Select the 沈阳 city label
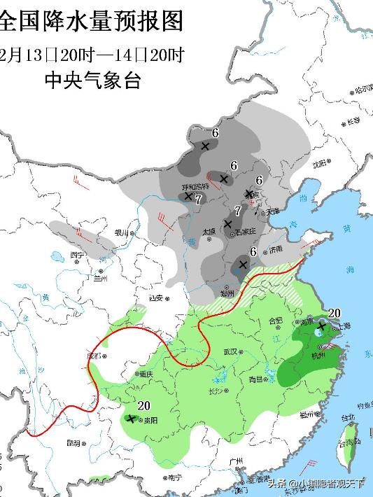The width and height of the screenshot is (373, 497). [320, 165]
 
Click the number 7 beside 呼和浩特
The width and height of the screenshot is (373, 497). [199, 199]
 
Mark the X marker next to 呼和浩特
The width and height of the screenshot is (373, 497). [188, 197]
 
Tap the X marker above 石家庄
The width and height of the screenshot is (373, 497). [227, 224]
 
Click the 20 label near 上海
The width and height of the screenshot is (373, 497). [334, 313]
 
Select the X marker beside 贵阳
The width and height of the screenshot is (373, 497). [130, 419]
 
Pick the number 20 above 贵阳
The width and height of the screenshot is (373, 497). [144, 405]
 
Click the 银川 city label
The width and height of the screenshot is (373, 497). [122, 233]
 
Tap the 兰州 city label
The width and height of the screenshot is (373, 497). [104, 279]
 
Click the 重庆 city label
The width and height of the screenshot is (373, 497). [145, 374]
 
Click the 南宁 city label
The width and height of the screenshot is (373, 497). [174, 478]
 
